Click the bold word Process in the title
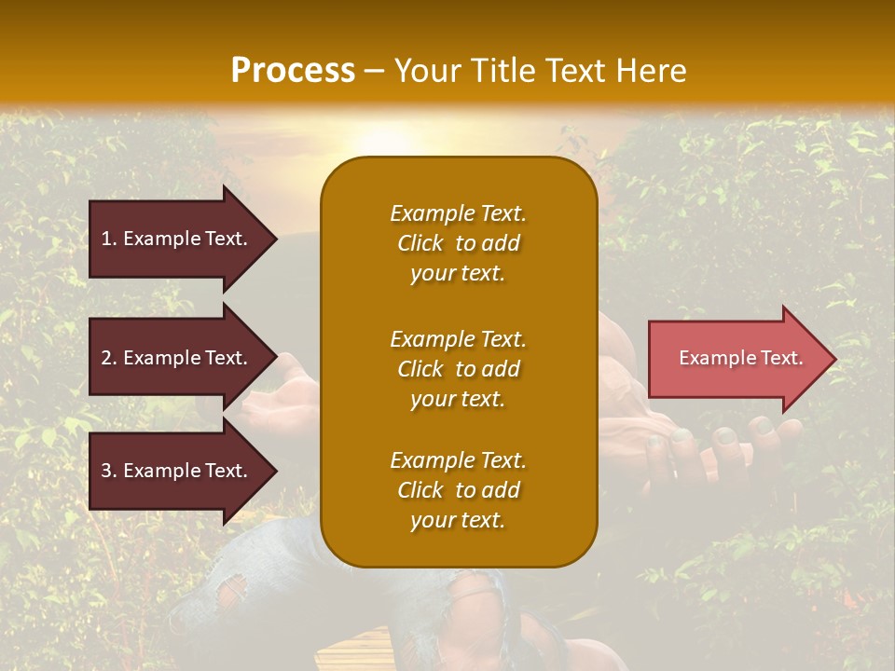click(x=293, y=70)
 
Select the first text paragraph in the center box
click(x=458, y=243)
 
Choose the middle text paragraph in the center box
click(x=458, y=369)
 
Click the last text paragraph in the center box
click(x=458, y=490)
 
